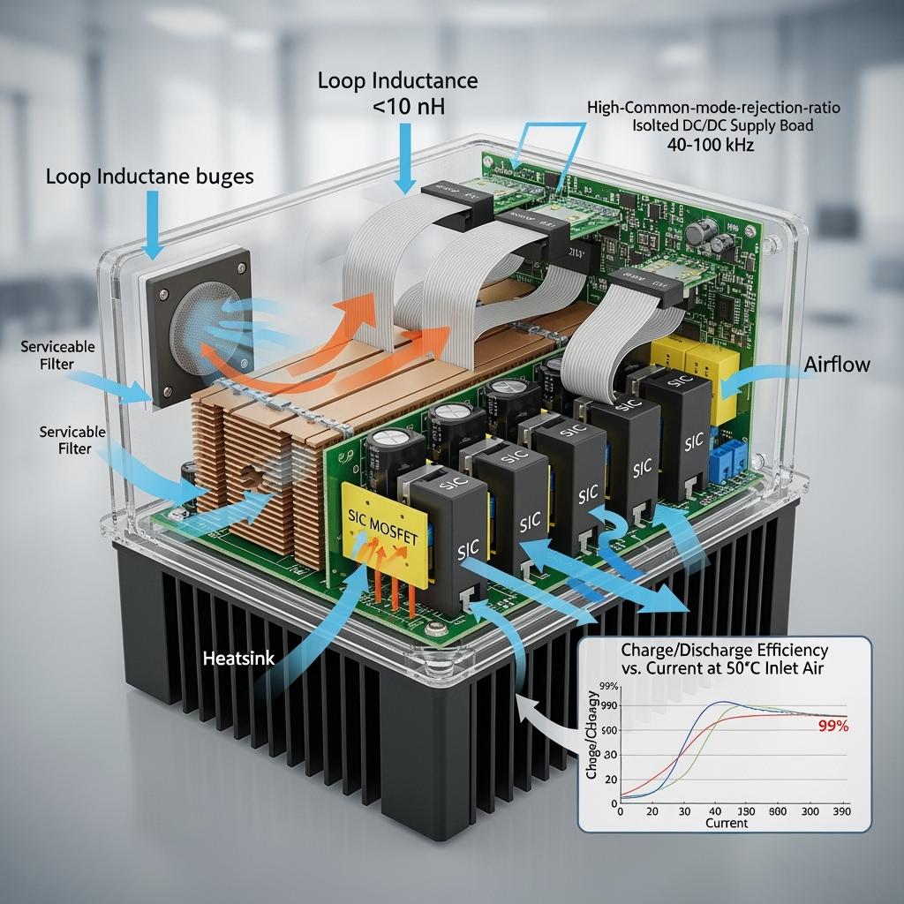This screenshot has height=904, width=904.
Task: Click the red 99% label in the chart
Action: (832, 727)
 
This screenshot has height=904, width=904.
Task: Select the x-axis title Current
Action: (727, 824)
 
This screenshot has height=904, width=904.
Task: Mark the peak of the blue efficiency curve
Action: (724, 703)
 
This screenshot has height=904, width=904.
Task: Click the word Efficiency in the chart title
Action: (801, 649)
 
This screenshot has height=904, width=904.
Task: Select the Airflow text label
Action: (837, 365)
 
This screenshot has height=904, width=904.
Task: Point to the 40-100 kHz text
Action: (713, 144)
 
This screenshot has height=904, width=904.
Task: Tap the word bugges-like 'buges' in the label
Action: (227, 177)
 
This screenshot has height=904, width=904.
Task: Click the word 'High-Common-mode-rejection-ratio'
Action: (713, 108)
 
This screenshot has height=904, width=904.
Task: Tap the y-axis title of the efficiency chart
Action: (592, 746)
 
